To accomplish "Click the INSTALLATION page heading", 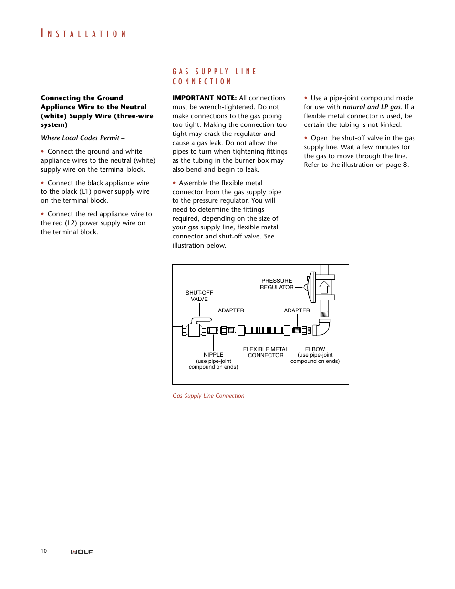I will point(83,34).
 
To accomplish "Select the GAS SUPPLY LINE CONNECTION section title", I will point(214,76).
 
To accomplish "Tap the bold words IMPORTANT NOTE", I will point(204,98).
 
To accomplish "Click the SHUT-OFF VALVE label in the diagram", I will point(199,296).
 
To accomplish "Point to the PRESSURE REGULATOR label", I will point(277,284).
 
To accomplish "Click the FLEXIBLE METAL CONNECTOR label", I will point(266,352).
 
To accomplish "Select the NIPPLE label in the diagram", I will point(213,355).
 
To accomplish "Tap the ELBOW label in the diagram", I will point(315,349).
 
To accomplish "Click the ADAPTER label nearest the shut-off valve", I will point(231,310).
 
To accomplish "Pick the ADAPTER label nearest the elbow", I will point(297,310).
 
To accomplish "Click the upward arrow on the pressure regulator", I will point(324,287).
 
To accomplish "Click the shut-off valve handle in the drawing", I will point(202,320).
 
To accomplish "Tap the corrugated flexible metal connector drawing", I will point(264,330).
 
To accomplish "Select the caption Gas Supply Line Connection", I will point(208,396).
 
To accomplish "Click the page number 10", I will point(44,551).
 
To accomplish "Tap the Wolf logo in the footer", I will point(82,552).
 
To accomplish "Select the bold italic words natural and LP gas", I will point(372,107).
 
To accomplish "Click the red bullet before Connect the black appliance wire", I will point(42,183).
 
